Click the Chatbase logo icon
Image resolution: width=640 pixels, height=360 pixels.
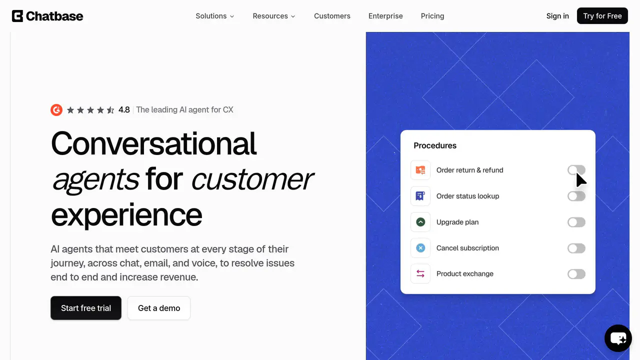pyautogui.click(x=17, y=16)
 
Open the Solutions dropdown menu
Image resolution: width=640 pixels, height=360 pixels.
pyautogui.click(x=215, y=16)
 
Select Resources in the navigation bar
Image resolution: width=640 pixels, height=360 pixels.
pyautogui.click(x=273, y=16)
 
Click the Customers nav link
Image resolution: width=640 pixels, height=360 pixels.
pyautogui.click(x=332, y=16)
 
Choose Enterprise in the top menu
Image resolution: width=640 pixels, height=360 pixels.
pyautogui.click(x=385, y=16)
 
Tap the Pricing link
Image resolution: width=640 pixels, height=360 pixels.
pyautogui.click(x=432, y=16)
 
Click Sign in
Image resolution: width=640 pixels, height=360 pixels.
pyautogui.click(x=557, y=16)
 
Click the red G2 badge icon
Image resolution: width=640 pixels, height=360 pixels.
pyautogui.click(x=56, y=109)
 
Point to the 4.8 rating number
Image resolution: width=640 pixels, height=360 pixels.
pyautogui.click(x=124, y=109)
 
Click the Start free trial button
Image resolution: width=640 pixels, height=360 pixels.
pyautogui.click(x=86, y=308)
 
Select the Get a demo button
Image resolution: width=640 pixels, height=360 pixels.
pyautogui.click(x=159, y=308)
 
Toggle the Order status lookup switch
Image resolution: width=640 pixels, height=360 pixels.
pyautogui.click(x=576, y=196)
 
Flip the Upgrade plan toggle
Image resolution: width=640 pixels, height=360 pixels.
pyautogui.click(x=576, y=222)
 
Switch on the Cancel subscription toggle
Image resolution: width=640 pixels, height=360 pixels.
pyautogui.click(x=576, y=248)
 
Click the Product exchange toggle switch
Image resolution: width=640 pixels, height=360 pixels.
pyautogui.click(x=576, y=274)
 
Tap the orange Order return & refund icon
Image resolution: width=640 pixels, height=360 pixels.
pyautogui.click(x=420, y=170)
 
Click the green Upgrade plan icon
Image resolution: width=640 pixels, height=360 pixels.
pyautogui.click(x=420, y=222)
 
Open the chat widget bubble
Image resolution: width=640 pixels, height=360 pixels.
pyautogui.click(x=618, y=338)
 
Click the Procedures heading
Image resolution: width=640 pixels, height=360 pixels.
pyautogui.click(x=435, y=145)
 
